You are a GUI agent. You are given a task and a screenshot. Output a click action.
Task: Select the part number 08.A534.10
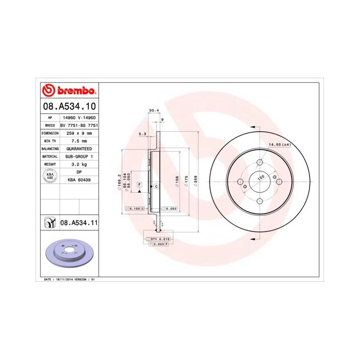point(69,107)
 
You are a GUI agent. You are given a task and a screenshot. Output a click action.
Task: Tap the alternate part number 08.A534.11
point(79,223)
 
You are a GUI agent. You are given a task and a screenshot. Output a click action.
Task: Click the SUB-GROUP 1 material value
point(79,156)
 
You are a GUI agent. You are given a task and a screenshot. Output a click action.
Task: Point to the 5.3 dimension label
point(142,134)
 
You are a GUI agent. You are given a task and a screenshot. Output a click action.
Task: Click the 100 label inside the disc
point(261,176)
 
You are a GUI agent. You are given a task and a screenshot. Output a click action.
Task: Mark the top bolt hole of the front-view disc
point(260,161)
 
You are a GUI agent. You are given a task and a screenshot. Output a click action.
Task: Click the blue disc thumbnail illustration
point(68,254)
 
